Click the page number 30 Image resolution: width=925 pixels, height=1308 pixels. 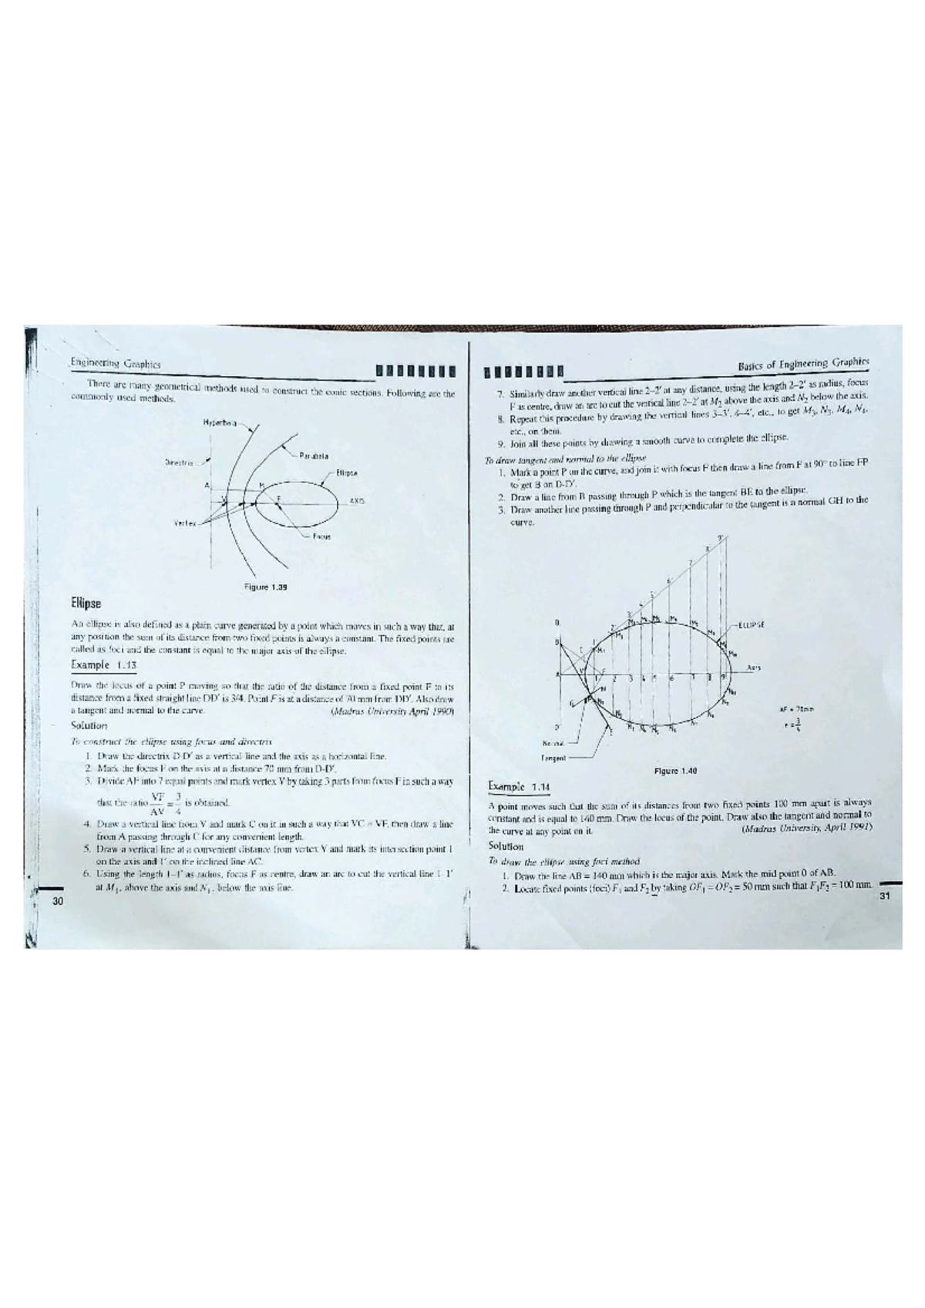[x=55, y=901]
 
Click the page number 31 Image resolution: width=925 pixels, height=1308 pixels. [x=884, y=896]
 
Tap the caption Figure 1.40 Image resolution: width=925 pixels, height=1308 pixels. [x=675, y=770]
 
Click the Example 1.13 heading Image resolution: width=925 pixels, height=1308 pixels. [x=103, y=664]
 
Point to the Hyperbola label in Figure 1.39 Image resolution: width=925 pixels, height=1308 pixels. [x=219, y=422]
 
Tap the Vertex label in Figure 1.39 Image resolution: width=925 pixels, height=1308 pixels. [x=184, y=523]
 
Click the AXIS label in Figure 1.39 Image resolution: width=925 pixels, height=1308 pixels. [x=356, y=501]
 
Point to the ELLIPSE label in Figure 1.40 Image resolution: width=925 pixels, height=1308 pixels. [x=751, y=625]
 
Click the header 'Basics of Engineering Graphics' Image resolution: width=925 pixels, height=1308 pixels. [x=802, y=362]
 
